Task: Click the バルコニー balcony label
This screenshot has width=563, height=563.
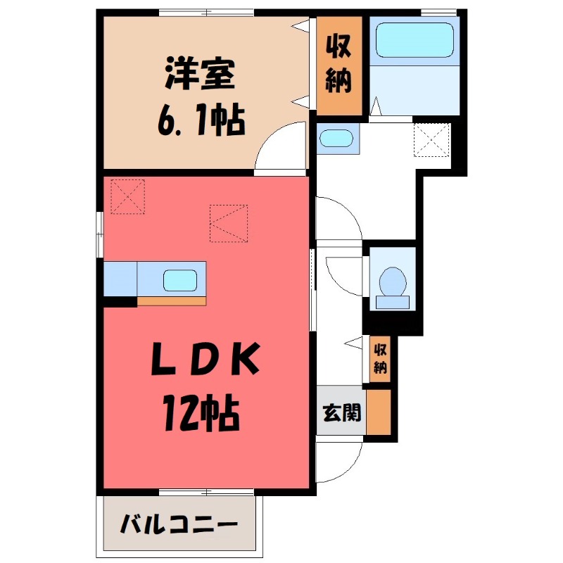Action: tap(178, 524)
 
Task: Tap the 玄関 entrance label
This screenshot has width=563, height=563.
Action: tap(341, 412)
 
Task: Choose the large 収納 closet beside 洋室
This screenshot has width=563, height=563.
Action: tap(339, 65)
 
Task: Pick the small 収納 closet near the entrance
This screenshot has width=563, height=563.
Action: tap(380, 358)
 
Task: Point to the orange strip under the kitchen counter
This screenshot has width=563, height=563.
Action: tap(172, 301)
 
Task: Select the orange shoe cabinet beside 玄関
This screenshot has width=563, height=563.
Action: tap(378, 412)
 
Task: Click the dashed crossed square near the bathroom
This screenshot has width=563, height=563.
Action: tap(431, 139)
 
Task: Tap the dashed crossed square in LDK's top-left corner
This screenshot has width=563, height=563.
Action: tap(127, 196)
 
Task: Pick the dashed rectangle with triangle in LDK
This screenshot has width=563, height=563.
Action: tap(229, 223)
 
